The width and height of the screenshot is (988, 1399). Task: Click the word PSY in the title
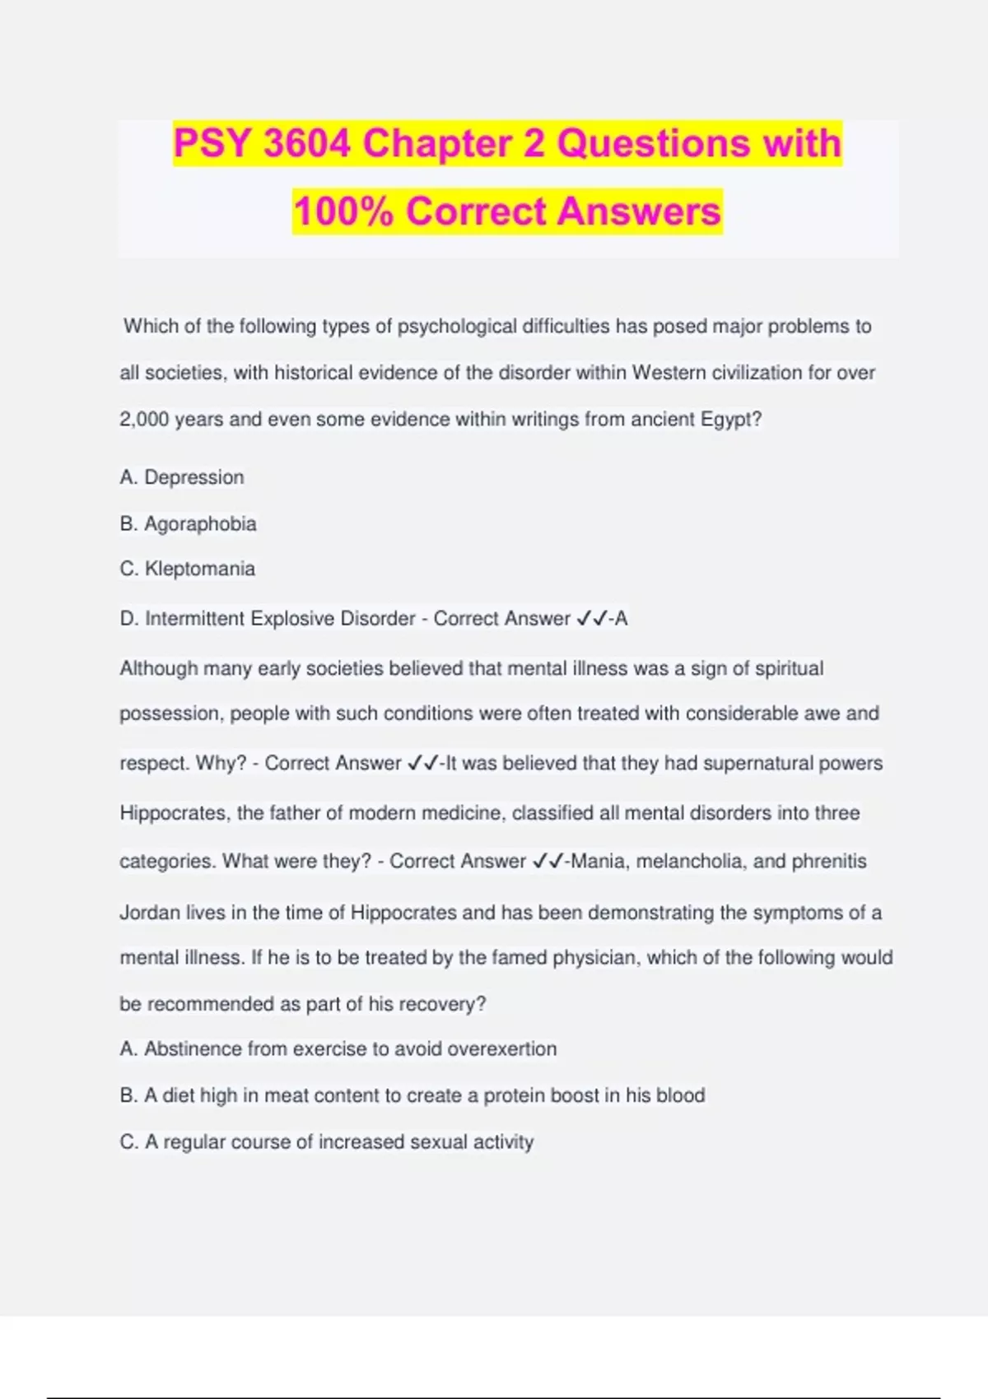(212, 143)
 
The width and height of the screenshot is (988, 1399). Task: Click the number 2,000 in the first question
(144, 419)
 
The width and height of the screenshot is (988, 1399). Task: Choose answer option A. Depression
(182, 477)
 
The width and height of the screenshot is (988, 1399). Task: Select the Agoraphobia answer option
(200, 523)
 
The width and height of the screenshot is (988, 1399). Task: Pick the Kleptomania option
(199, 569)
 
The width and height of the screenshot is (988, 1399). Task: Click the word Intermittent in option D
(195, 618)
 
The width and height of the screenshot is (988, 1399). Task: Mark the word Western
(668, 372)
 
